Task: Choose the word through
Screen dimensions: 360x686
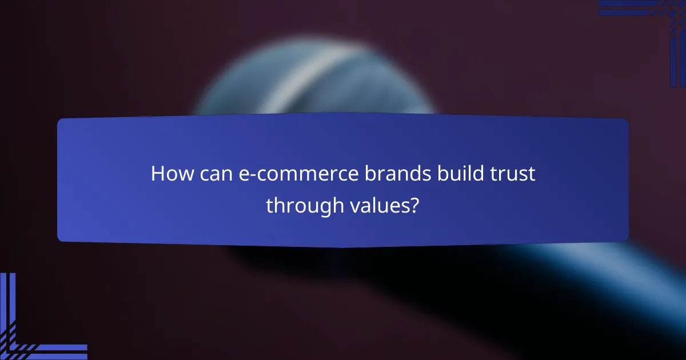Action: tap(303, 205)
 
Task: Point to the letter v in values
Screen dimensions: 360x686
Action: tap(352, 206)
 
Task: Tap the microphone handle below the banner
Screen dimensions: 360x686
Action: tap(572, 274)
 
